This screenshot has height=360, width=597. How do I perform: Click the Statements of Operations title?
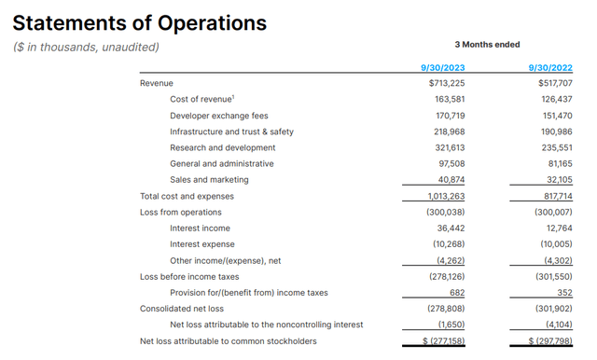pos(139,22)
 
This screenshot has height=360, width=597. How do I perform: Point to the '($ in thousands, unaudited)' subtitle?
pos(86,48)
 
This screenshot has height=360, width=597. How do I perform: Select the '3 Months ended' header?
pos(487,45)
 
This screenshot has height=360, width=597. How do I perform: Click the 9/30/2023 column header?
pos(443,67)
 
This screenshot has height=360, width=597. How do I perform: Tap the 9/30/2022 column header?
pos(550,67)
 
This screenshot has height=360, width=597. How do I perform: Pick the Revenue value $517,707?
pos(550,83)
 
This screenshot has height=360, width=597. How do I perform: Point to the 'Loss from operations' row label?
pos(179,212)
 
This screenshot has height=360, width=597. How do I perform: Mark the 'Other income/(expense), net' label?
pos(227,260)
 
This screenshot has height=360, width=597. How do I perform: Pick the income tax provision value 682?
pos(454,293)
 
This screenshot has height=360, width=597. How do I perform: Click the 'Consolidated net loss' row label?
pos(182,309)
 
